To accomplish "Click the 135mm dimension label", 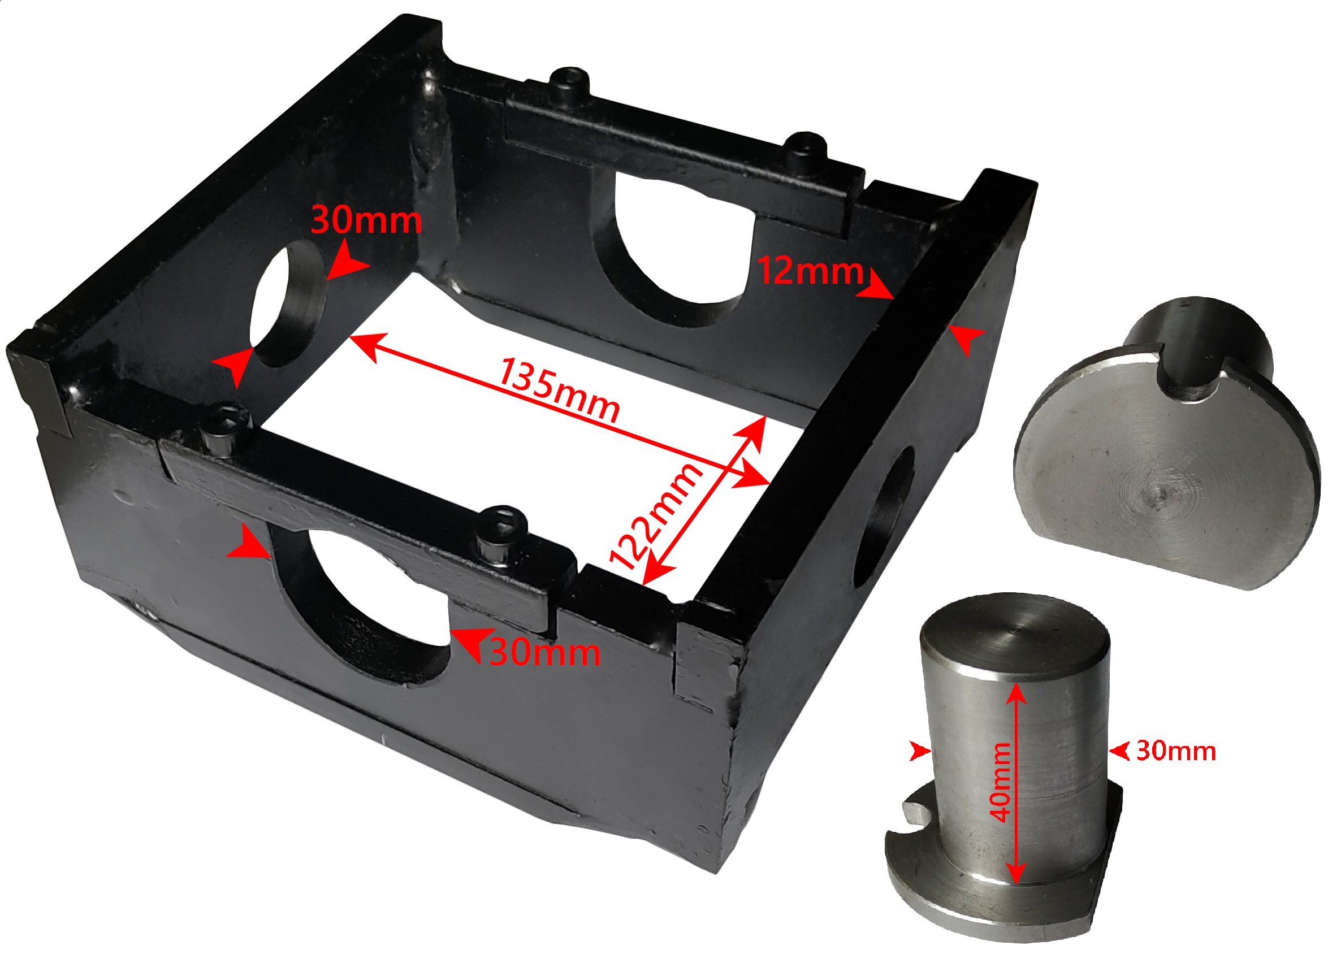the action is coord(559,389).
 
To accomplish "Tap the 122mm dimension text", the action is coord(656,516).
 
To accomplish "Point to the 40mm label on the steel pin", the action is coord(1001,782).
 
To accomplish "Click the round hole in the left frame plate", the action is coord(288,303).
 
